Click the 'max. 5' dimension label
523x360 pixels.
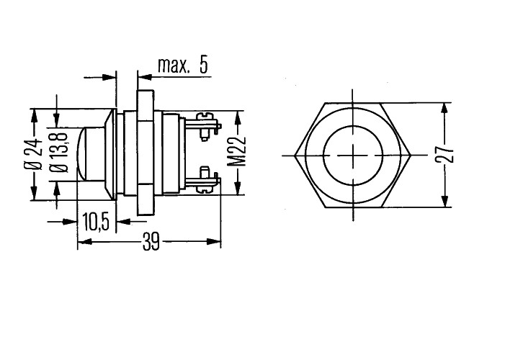click(183, 66)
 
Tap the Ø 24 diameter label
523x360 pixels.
click(33, 154)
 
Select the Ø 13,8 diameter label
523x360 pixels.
click(59, 153)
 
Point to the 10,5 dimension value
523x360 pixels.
click(96, 222)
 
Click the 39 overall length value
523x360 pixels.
click(151, 242)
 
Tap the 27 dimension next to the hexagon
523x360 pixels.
click(444, 154)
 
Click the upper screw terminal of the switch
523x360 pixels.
click(203, 126)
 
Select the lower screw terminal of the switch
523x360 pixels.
click(203, 180)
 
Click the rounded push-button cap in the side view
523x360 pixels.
click(91, 154)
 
